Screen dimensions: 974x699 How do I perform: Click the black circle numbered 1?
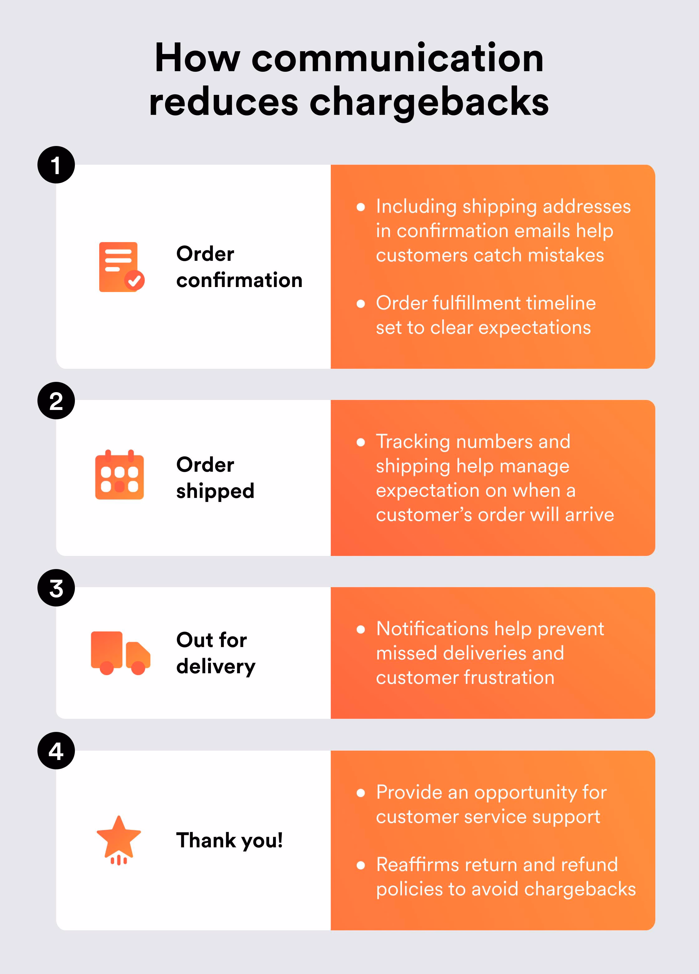tap(56, 165)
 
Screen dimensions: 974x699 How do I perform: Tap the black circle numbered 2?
tap(56, 401)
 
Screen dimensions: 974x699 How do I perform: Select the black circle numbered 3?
tap(56, 588)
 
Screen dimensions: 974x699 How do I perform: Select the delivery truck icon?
tap(120, 653)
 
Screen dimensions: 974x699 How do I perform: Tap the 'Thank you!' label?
tap(229, 840)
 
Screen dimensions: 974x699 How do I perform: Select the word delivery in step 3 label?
tap(216, 666)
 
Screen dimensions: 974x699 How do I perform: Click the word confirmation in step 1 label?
tap(239, 280)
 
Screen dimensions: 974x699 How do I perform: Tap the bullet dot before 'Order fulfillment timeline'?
tap(361, 304)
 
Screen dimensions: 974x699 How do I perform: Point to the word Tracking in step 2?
tap(413, 442)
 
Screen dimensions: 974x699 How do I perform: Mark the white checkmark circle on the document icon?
tap(134, 281)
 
